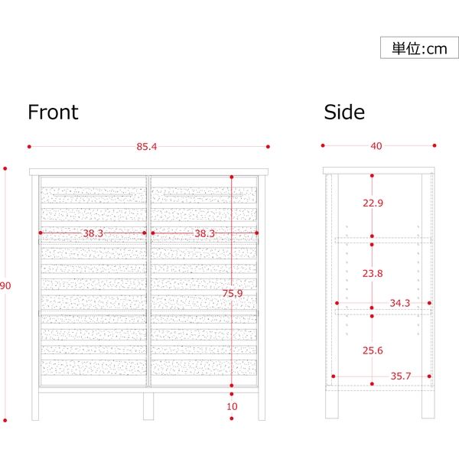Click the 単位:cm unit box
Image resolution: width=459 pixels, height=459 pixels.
(x=419, y=48)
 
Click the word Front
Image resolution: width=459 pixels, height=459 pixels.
(x=53, y=112)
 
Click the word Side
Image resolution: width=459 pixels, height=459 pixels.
(x=344, y=112)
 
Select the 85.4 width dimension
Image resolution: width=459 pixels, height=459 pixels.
(x=147, y=146)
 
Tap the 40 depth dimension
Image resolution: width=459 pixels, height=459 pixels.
(x=376, y=146)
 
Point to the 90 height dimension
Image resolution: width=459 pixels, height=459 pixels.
(x=5, y=286)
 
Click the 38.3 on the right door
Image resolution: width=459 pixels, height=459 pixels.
(x=204, y=233)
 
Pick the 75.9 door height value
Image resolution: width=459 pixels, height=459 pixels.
(x=233, y=292)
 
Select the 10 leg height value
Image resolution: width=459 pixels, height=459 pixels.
(x=233, y=406)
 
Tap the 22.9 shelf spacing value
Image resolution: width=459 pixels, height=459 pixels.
(x=373, y=203)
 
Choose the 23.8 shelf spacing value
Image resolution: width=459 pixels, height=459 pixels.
(x=373, y=273)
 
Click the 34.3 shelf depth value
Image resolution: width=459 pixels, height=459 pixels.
(x=400, y=304)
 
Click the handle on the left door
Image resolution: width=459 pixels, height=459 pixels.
(x=92, y=197)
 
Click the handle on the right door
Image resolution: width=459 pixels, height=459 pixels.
(x=201, y=197)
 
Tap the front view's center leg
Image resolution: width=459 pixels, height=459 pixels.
(x=148, y=406)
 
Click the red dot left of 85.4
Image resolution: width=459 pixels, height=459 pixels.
(x=29, y=146)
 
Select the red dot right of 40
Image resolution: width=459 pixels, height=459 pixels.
(x=435, y=145)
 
